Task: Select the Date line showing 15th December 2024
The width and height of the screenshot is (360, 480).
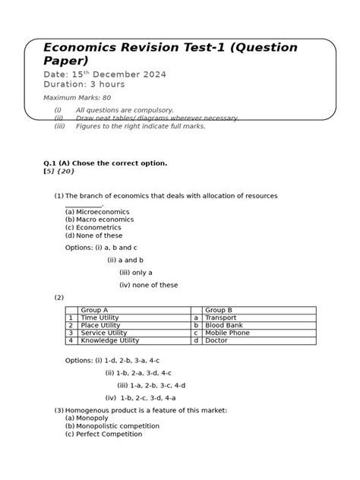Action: (x=105, y=74)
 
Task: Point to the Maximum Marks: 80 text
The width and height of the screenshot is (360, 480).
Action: (x=77, y=99)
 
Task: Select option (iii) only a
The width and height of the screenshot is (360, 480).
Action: (x=136, y=273)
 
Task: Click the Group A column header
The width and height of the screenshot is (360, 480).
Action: (x=94, y=310)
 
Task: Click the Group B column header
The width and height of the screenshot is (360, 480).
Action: (x=219, y=310)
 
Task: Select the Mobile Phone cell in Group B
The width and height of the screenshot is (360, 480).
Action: (x=226, y=333)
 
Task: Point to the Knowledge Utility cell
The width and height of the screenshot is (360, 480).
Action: (x=109, y=340)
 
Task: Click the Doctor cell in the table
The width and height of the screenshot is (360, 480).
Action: (x=216, y=340)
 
